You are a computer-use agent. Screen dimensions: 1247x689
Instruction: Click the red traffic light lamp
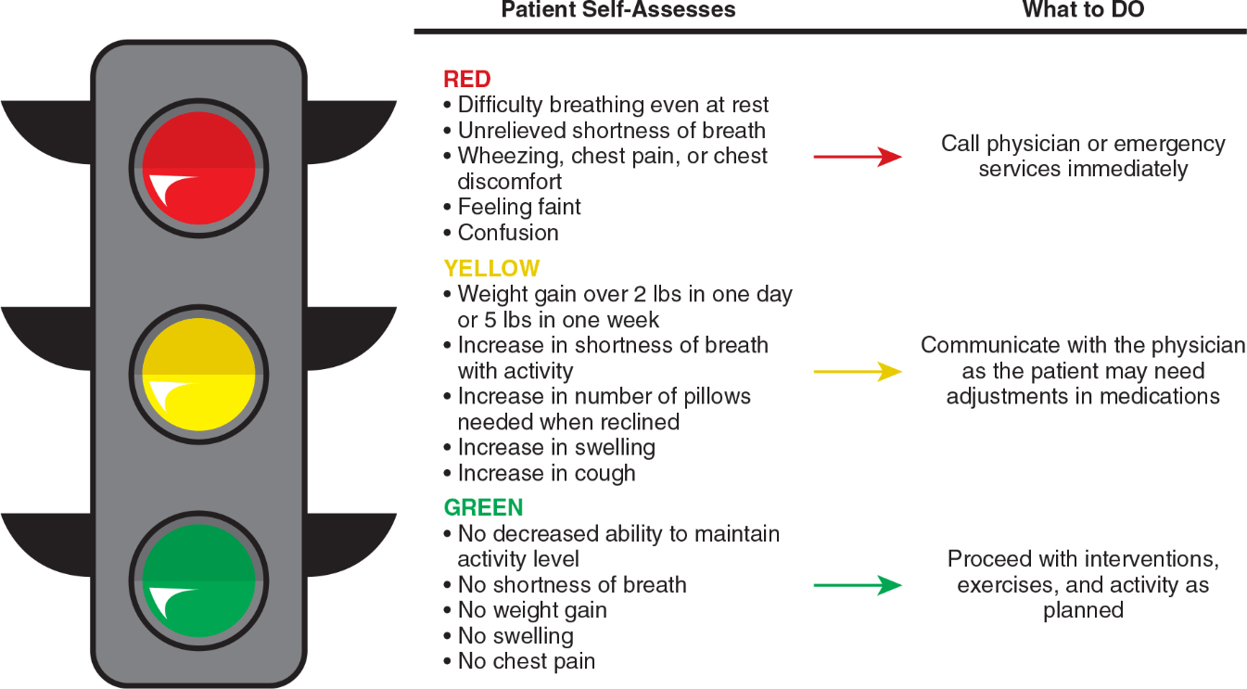click(198, 168)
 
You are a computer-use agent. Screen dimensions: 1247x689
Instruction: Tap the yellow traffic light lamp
click(198, 375)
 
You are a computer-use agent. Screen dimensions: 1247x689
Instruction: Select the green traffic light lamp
click(198, 581)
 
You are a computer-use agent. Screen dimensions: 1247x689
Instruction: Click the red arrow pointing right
click(858, 157)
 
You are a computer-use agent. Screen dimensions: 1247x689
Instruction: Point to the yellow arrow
click(858, 371)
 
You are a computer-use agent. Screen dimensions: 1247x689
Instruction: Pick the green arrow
click(858, 585)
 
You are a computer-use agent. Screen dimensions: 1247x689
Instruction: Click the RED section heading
click(466, 79)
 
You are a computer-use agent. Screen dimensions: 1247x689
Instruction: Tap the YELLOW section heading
click(491, 269)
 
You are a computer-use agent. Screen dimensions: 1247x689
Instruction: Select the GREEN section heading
click(483, 507)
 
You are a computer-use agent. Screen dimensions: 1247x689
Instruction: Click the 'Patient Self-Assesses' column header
click(617, 10)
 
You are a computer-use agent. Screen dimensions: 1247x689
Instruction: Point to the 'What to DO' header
click(1083, 10)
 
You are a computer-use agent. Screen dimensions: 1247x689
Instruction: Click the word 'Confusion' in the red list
click(508, 233)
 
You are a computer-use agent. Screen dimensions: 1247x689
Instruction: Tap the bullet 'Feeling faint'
click(512, 207)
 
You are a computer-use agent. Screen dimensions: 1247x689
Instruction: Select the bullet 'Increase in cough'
click(540, 474)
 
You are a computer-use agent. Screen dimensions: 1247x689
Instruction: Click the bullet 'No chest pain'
click(519, 662)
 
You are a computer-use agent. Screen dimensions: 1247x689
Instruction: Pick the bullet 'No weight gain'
click(525, 610)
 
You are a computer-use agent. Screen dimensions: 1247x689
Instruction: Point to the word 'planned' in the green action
click(1083, 610)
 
